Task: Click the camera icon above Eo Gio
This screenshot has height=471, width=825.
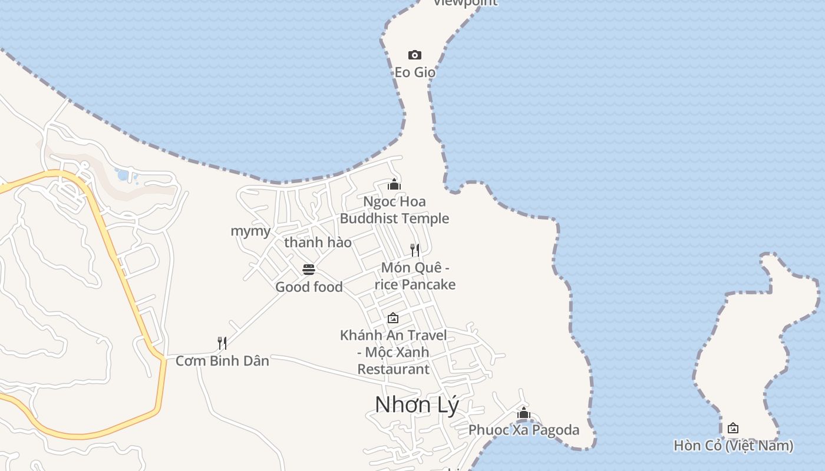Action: click(x=415, y=55)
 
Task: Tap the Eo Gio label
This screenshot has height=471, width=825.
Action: click(x=415, y=72)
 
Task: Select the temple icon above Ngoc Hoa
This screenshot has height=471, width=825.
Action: click(x=394, y=184)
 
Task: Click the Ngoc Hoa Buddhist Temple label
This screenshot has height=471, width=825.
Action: click(x=394, y=210)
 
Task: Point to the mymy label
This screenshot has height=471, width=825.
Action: click(x=250, y=231)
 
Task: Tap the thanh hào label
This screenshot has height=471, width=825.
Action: click(x=318, y=243)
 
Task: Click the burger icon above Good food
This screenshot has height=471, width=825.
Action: click(x=309, y=270)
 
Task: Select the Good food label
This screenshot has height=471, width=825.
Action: click(x=309, y=287)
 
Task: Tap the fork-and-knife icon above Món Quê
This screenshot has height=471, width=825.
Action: click(x=415, y=250)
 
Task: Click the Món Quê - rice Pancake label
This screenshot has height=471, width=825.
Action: click(x=415, y=276)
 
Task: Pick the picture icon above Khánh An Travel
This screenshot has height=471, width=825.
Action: click(x=393, y=318)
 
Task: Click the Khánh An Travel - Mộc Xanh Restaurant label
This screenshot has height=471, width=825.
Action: click(x=394, y=352)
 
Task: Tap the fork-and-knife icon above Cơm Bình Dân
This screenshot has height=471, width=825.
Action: click(x=222, y=343)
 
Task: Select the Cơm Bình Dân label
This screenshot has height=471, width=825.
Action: click(x=222, y=360)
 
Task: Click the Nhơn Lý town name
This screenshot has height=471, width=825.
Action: click(x=417, y=404)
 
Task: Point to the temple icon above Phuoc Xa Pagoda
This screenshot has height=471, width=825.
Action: click(x=524, y=413)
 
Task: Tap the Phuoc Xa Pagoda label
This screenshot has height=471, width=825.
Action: click(x=524, y=430)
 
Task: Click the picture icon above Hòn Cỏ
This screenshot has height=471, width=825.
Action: click(x=733, y=428)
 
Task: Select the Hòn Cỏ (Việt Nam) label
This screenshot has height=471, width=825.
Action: click(x=733, y=445)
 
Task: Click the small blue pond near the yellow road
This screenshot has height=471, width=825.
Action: click(x=123, y=175)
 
